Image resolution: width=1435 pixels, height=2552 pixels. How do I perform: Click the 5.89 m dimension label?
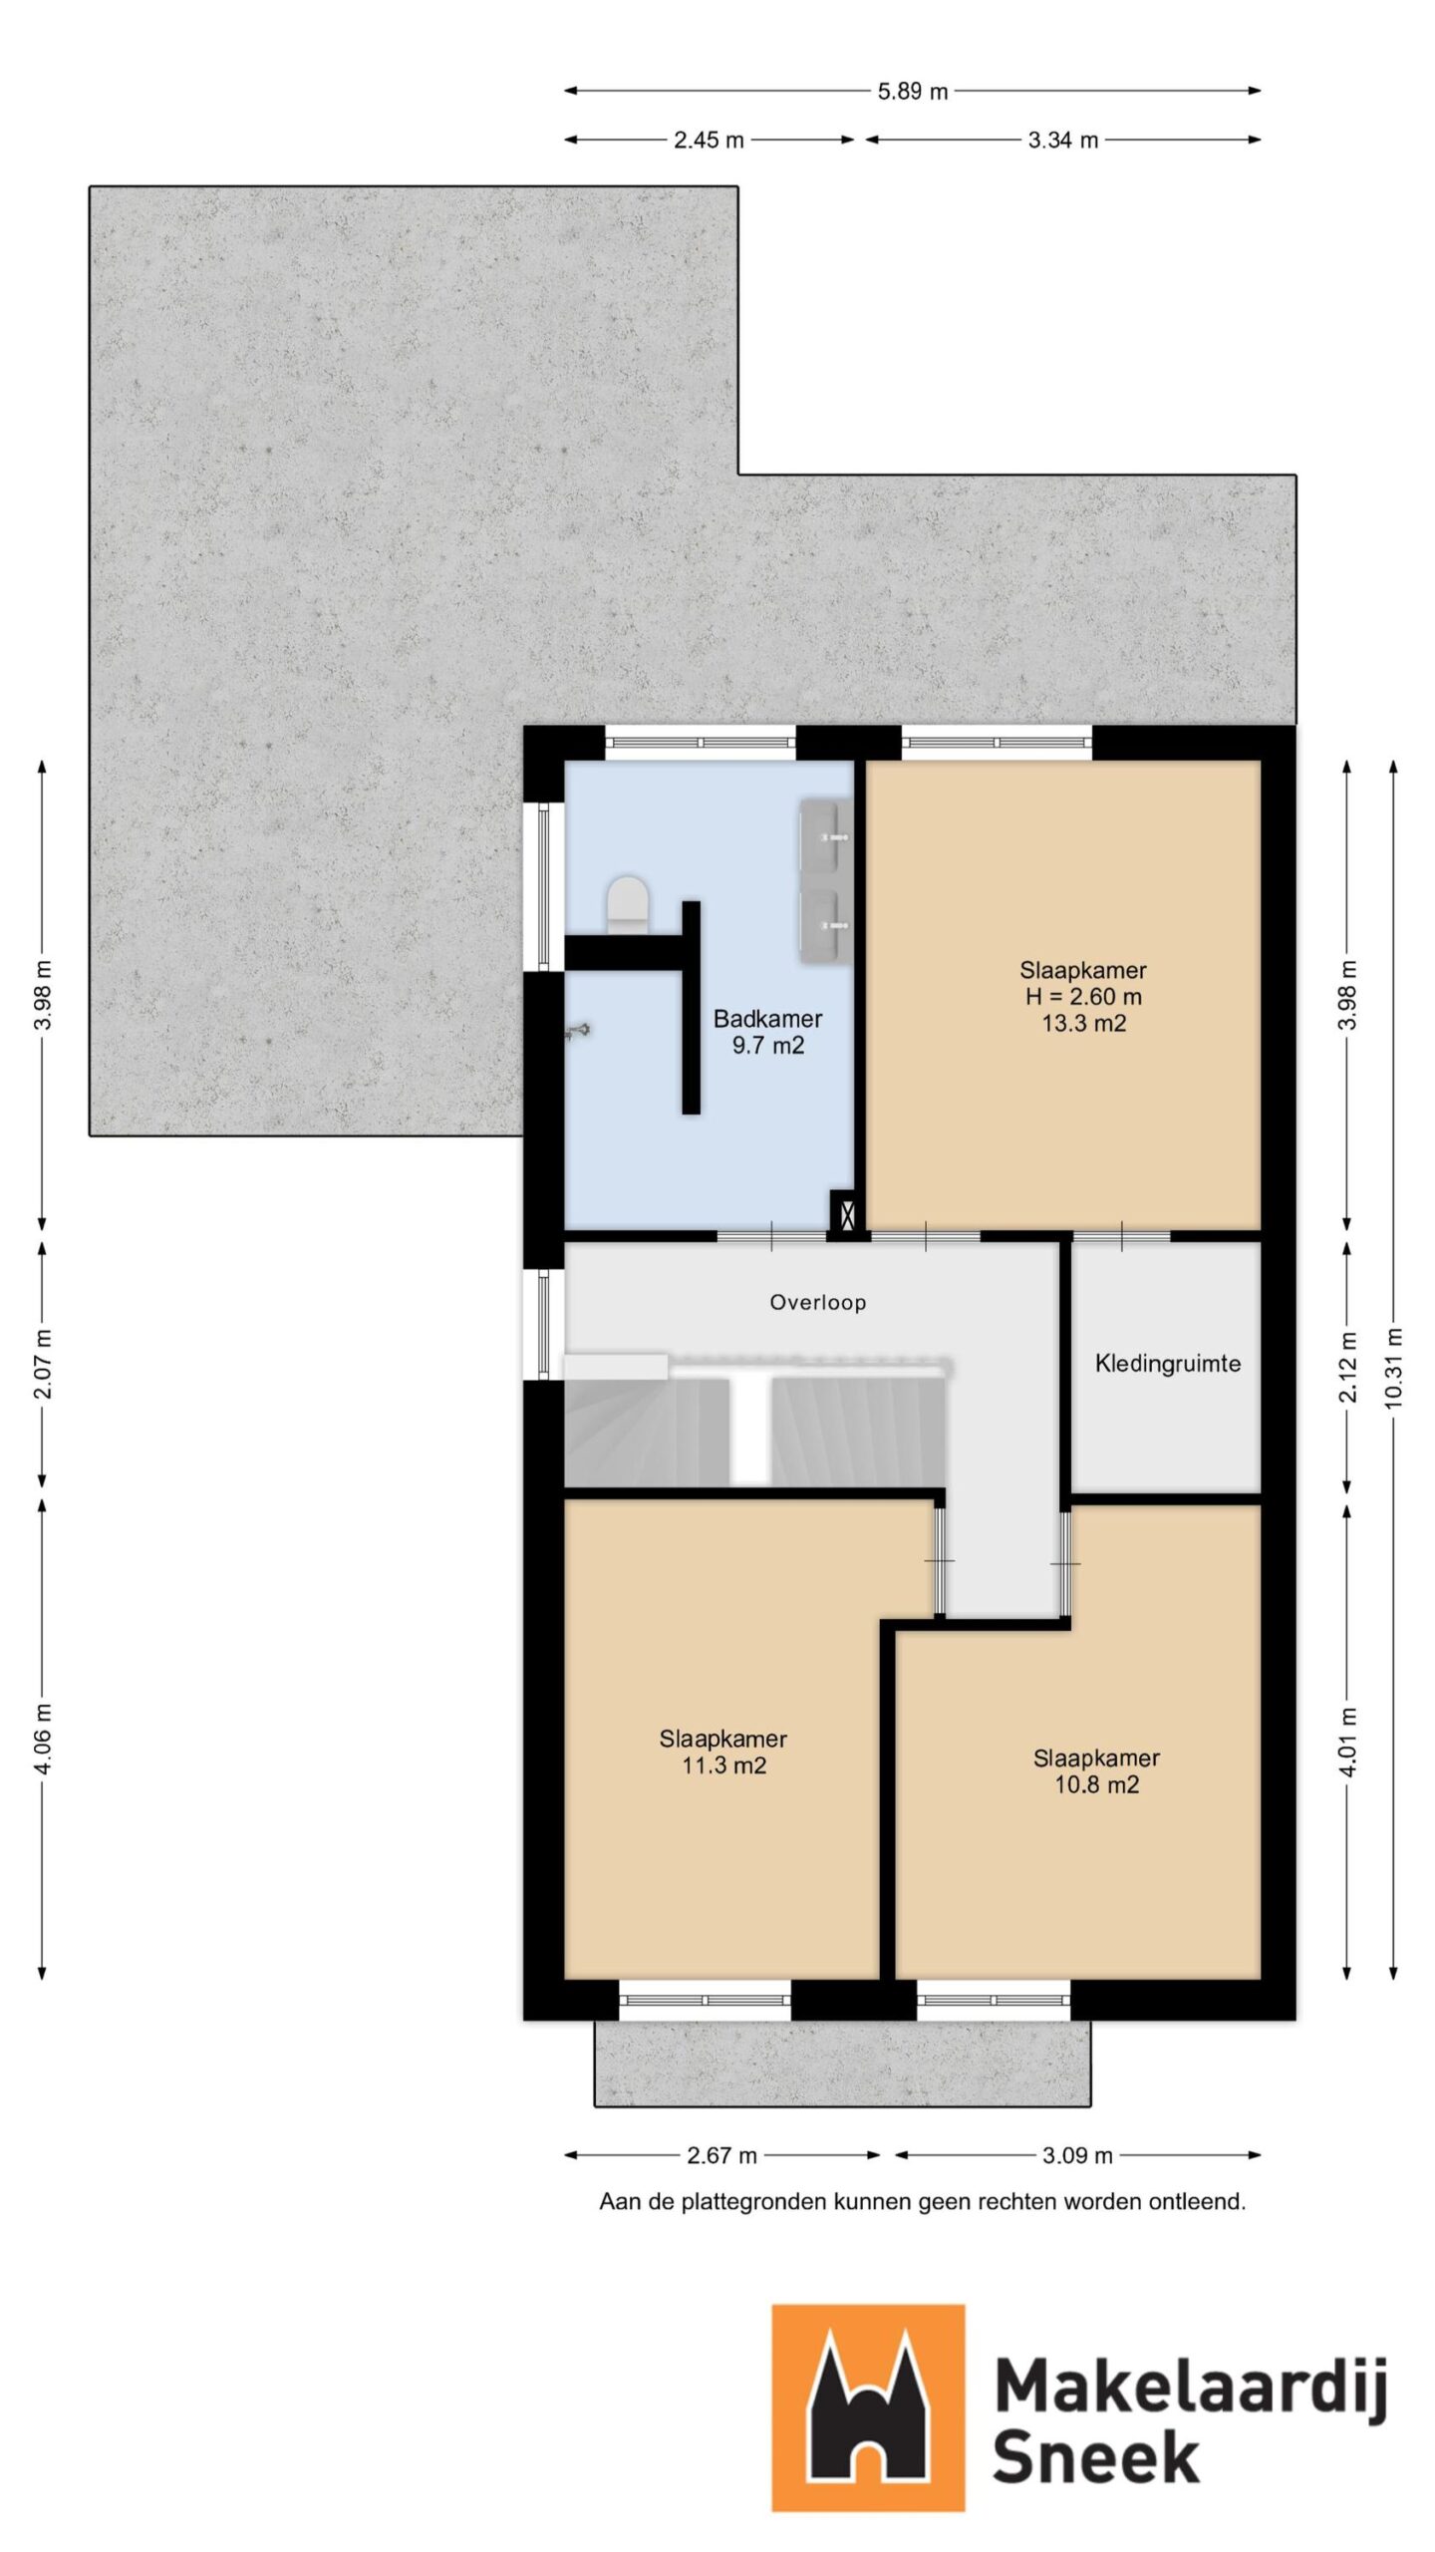click(912, 92)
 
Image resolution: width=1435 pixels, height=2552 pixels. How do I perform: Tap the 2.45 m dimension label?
click(709, 141)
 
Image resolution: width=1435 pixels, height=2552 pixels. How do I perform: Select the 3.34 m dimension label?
click(1062, 141)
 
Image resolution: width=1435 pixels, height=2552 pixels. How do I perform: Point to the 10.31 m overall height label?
click(1393, 1369)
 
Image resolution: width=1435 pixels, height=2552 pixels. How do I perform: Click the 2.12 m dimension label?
click(1347, 1367)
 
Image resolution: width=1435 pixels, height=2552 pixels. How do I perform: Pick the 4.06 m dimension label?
click(43, 1739)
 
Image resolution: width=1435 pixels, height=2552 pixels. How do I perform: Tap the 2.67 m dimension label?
click(721, 2155)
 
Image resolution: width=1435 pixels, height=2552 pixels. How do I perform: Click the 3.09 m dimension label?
click(1077, 2155)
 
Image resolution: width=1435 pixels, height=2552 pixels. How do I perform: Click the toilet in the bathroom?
click(628, 903)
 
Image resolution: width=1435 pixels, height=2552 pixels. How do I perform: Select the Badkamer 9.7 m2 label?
click(767, 1032)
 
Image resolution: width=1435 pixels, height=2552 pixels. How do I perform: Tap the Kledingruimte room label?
click(1167, 1364)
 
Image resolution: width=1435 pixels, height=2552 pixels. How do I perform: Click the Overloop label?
click(817, 1302)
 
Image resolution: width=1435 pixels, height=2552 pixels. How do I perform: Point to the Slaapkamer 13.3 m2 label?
click(1083, 996)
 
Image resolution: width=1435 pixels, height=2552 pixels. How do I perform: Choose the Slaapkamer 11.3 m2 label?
click(722, 1752)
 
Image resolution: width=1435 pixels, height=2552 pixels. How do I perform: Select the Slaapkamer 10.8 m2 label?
click(1096, 1770)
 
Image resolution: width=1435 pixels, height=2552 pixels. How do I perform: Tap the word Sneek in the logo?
click(1095, 2457)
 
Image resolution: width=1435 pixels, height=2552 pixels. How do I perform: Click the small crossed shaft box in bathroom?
click(844, 1214)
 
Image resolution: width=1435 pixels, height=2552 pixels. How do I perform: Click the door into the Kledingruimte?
click(1121, 1237)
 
